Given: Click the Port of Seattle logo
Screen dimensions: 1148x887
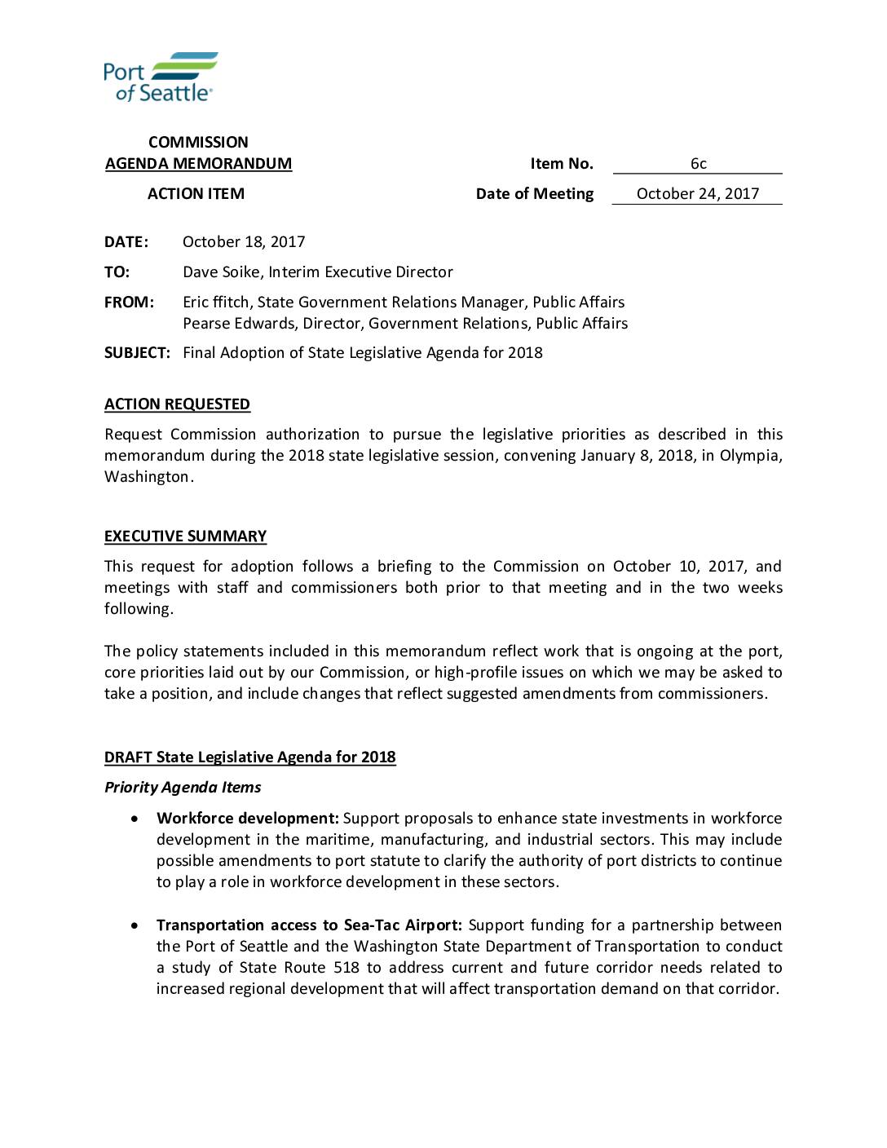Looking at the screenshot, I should pyautogui.click(x=160, y=77).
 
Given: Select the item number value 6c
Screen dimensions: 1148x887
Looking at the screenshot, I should pyautogui.click(x=698, y=164).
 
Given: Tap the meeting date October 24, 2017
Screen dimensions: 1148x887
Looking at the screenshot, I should pyautogui.click(x=697, y=194).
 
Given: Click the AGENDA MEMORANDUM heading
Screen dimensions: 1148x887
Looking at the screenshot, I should pyautogui.click(x=198, y=164).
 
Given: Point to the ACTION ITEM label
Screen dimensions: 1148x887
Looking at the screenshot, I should pyautogui.click(x=196, y=194).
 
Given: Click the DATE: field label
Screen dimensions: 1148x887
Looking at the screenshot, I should pyautogui.click(x=126, y=242).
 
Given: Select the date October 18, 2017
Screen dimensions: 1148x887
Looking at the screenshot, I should pyautogui.click(x=244, y=242).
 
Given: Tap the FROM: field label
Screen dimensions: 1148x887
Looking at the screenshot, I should pyautogui.click(x=129, y=302).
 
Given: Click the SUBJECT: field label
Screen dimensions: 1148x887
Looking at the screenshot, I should pyautogui.click(x=137, y=353).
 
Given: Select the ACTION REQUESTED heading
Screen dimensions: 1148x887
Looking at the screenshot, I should pyautogui.click(x=177, y=404).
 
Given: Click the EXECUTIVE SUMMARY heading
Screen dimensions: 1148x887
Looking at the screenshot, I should pyautogui.click(x=185, y=536).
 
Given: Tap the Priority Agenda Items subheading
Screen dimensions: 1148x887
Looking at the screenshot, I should pyautogui.click(x=183, y=788).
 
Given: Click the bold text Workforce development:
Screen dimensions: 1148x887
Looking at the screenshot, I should pyautogui.click(x=247, y=819).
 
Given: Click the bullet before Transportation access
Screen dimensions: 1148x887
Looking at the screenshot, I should pyautogui.click(x=135, y=925).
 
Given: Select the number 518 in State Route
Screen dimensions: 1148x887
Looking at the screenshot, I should pyautogui.click(x=346, y=968).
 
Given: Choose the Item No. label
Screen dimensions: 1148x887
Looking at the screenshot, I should pyautogui.click(x=562, y=164).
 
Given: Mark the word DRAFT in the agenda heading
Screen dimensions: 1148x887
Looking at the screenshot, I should pyautogui.click(x=128, y=757).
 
